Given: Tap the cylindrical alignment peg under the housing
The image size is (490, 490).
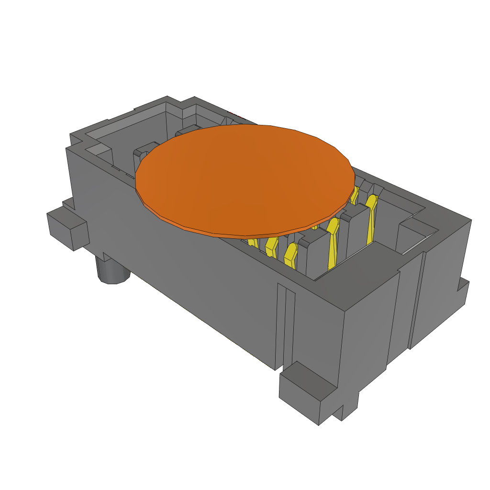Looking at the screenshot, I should pyautogui.click(x=112, y=272).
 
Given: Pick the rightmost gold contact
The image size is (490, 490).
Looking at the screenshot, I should pyautogui.click(x=371, y=218).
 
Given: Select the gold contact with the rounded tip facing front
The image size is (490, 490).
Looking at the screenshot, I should pyautogui.click(x=290, y=254).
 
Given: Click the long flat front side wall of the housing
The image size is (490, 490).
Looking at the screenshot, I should pyautogui.click(x=182, y=268).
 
